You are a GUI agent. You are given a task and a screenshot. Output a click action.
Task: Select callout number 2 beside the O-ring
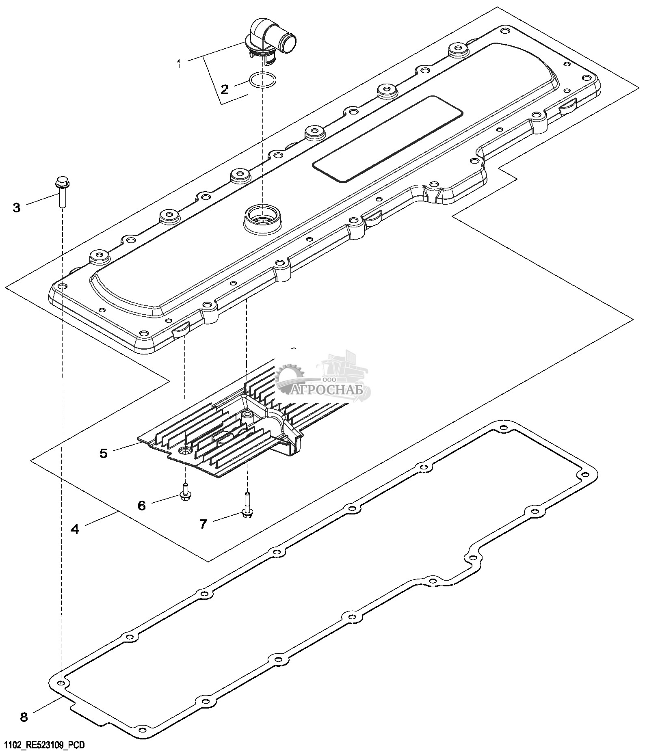(225, 89)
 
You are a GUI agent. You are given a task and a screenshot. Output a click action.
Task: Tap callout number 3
(16, 208)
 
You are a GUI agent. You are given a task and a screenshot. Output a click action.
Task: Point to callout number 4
(75, 529)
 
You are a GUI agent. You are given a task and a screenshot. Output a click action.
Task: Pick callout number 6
(141, 506)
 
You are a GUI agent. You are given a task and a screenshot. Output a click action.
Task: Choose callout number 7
(203, 524)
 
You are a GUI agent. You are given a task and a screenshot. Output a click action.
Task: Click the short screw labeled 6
(186, 492)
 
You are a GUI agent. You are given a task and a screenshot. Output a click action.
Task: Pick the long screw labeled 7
(247, 505)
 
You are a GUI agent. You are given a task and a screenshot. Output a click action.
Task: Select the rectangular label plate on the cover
(387, 139)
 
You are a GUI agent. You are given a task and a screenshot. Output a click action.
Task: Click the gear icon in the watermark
(289, 377)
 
